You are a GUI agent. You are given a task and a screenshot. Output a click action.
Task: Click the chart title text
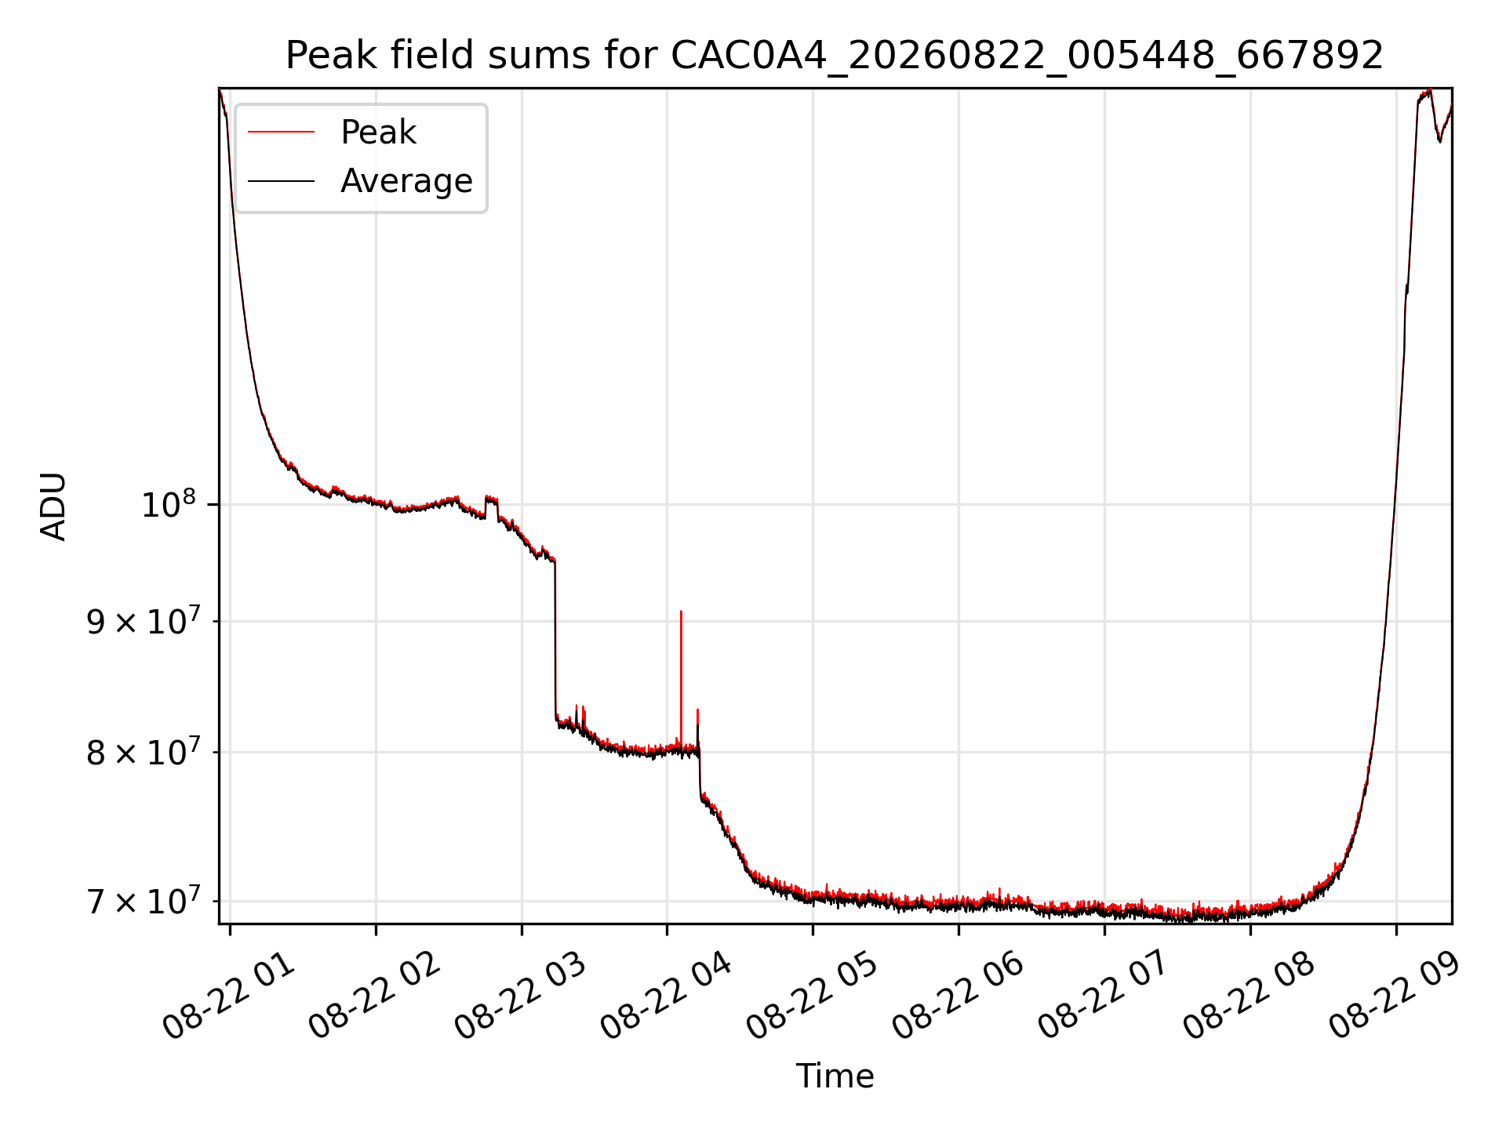835,56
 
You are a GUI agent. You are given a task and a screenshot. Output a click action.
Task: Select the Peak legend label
378,133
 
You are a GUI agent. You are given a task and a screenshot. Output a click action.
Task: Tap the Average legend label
406,181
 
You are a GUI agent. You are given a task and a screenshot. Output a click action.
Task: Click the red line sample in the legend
281,133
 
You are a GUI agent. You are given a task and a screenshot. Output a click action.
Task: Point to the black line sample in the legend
281,181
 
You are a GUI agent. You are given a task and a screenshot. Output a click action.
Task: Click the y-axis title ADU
53,506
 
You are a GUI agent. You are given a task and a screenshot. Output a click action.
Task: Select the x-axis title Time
835,1076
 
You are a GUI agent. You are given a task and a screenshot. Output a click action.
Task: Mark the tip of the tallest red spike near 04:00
681,611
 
